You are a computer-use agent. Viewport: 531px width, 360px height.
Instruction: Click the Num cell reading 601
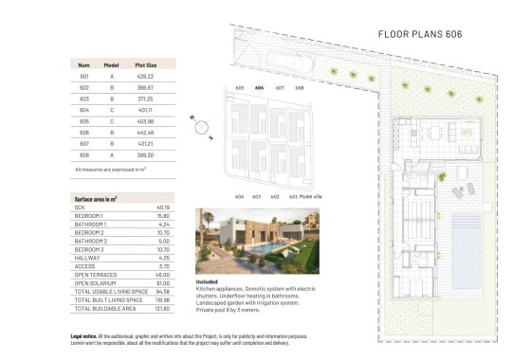point(84,75)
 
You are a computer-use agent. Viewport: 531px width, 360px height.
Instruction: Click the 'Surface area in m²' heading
point(95,200)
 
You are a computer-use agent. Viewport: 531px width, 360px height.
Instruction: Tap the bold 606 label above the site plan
point(260,88)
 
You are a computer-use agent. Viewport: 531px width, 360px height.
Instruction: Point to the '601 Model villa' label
point(306,196)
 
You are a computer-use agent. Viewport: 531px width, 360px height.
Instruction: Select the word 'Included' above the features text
point(207,281)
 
